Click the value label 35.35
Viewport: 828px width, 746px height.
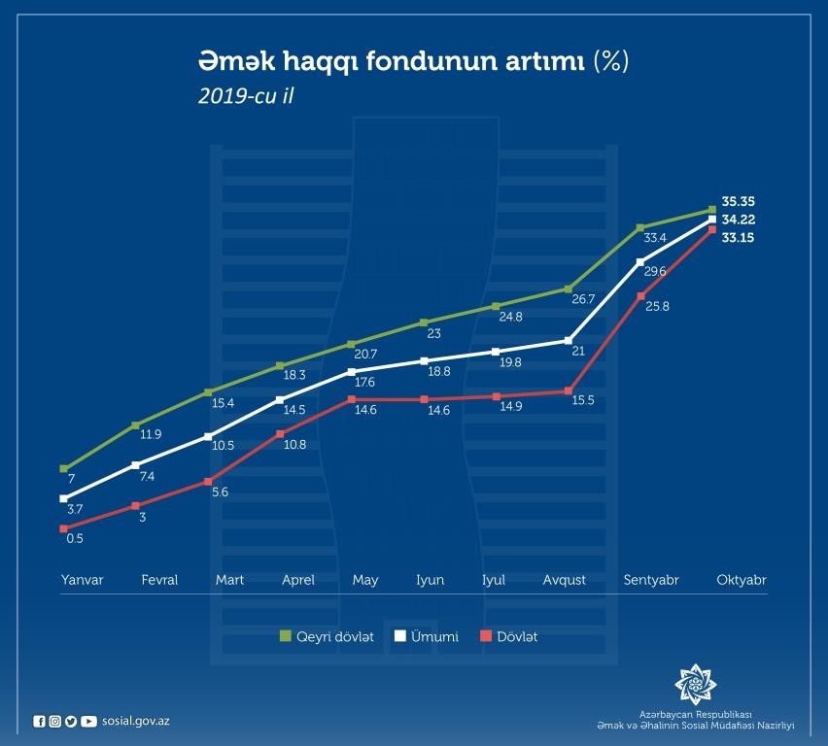pos(739,203)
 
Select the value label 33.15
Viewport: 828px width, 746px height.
pos(739,238)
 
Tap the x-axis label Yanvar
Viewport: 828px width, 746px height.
pos(82,580)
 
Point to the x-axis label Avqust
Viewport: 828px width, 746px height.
pos(565,580)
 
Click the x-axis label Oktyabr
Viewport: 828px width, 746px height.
pos(742,580)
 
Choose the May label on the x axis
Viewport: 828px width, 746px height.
pos(365,580)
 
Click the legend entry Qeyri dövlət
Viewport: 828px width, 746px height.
pos(327,637)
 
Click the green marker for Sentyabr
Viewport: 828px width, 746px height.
pos(640,227)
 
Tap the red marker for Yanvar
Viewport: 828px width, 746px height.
pos(64,529)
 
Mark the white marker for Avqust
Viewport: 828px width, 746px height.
pos(568,340)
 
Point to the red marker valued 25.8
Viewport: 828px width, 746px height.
pos(640,295)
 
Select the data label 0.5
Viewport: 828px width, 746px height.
pos(75,538)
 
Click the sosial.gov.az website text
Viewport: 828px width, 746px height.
pos(135,721)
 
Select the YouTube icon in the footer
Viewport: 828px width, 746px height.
pos(88,721)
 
